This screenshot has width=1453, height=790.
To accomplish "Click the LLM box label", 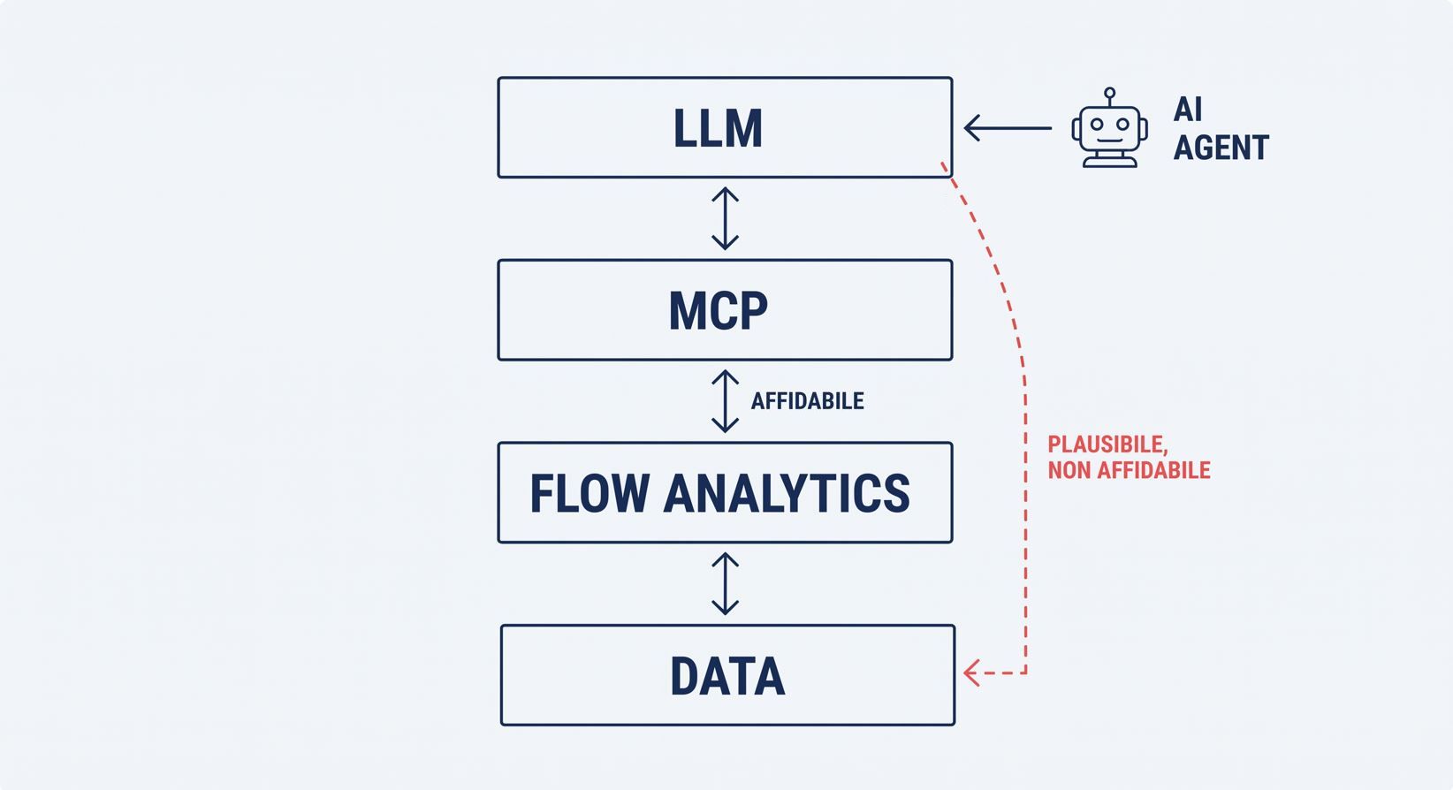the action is pos(718,128).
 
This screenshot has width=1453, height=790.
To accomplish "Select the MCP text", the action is pos(718,311).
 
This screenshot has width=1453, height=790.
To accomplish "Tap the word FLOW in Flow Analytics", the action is pos(590,493).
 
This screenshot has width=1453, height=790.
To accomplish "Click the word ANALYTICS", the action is pos(787,493).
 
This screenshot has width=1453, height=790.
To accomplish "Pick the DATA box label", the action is pos(727,676).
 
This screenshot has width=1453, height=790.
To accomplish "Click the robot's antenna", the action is pos(1110,96).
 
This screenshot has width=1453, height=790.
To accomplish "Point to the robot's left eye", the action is pos(1097,124).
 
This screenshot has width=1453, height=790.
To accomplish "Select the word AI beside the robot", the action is pos(1188,109).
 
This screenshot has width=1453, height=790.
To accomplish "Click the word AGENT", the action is pos(1221,148).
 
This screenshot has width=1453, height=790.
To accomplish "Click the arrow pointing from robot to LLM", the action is pos(1008,128).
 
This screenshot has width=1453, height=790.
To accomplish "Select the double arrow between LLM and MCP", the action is pos(726,218).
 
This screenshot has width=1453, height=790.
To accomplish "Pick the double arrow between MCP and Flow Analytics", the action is pos(726,401).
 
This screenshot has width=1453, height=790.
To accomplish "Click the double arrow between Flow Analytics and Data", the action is pos(726,583).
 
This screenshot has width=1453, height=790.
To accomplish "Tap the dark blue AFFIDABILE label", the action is pos(807,401).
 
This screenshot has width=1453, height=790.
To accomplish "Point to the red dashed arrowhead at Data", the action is pos(971,672).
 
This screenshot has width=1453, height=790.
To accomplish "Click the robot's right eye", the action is pos(1122,124).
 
